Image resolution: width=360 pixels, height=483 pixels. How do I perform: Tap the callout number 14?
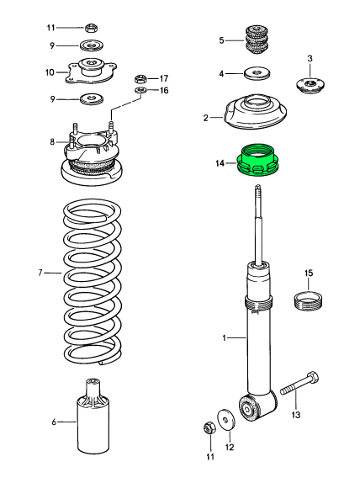pos(220,163)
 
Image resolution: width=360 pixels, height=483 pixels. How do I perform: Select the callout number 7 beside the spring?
pos(40,273)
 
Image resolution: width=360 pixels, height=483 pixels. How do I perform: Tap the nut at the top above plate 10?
pos(91,28)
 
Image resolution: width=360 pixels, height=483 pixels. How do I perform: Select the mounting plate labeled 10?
pos(90,71)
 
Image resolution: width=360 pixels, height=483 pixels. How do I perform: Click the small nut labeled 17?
pos(141,78)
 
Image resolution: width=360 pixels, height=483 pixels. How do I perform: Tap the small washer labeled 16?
pos(140,91)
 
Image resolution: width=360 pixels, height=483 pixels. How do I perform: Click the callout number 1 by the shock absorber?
pos(223,337)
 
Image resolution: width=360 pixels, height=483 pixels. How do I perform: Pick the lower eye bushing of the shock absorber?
pos(251,408)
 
